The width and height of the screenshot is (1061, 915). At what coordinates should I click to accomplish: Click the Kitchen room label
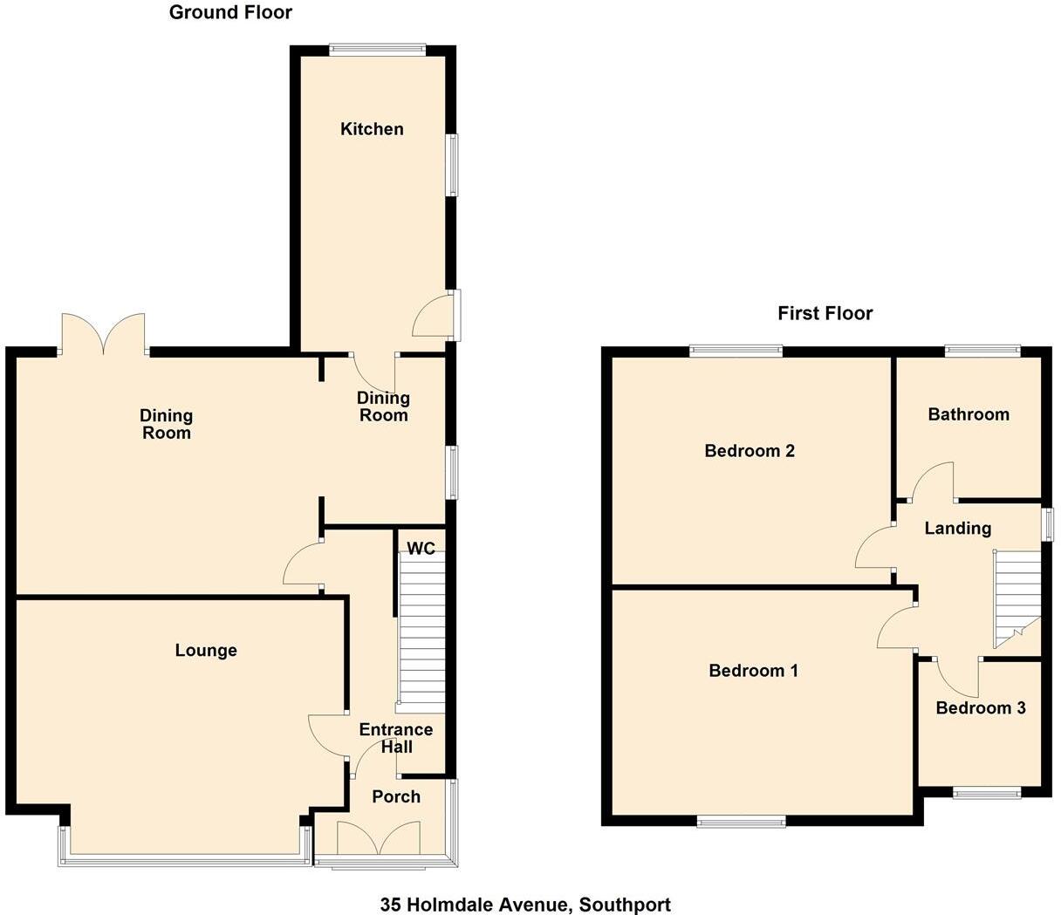pyautogui.click(x=372, y=129)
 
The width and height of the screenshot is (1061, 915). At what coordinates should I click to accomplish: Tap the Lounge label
pyautogui.click(x=206, y=651)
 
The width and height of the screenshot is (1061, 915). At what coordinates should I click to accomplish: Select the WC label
pyautogui.click(x=421, y=549)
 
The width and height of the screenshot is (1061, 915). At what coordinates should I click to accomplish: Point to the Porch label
pyautogui.click(x=396, y=796)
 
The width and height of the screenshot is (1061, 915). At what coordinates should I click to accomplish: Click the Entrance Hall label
pyautogui.click(x=396, y=738)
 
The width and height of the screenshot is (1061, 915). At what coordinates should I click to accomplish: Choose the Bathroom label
pyautogui.click(x=969, y=414)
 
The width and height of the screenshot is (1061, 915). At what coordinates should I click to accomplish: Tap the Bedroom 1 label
pyautogui.click(x=754, y=671)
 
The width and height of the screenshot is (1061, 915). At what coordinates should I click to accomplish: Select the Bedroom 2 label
pyautogui.click(x=750, y=451)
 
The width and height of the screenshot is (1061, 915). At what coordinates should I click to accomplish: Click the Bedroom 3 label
pyautogui.click(x=980, y=707)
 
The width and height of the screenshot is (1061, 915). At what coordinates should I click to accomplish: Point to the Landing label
pyautogui.click(x=958, y=528)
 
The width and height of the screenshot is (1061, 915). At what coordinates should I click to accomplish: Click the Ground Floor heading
pyautogui.click(x=230, y=12)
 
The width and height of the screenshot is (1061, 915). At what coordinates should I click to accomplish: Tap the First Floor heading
pyautogui.click(x=825, y=313)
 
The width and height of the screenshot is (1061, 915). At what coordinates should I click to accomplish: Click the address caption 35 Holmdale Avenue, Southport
pyautogui.click(x=525, y=905)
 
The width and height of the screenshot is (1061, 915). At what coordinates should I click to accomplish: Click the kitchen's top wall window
pyautogui.click(x=378, y=50)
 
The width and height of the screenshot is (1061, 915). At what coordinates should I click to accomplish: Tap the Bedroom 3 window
pyautogui.click(x=986, y=793)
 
